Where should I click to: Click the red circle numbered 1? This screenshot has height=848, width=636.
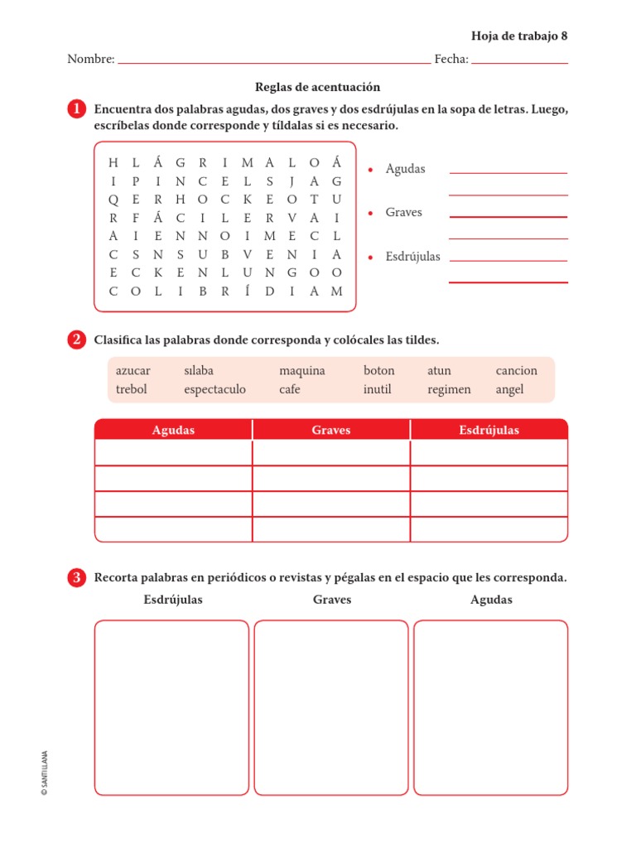(77, 110)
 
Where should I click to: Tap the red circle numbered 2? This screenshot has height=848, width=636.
(77, 340)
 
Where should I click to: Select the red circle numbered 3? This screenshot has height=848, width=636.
(77, 578)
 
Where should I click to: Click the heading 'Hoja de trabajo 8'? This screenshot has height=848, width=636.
(519, 36)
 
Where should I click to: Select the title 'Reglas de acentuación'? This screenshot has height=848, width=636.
(318, 87)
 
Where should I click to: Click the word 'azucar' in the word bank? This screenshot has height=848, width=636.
(133, 371)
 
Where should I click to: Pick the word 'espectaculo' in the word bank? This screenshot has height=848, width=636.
(214, 389)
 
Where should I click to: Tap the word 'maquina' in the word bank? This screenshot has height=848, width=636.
(301, 371)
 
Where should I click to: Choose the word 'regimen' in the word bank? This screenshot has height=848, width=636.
(449, 389)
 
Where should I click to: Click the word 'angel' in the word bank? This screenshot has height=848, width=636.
(509, 389)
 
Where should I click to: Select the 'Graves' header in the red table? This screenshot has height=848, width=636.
(331, 430)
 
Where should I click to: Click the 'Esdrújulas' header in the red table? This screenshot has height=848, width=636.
(489, 430)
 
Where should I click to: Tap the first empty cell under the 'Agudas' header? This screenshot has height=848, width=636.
(173, 453)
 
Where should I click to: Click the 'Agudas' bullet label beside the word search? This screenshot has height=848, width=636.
(405, 169)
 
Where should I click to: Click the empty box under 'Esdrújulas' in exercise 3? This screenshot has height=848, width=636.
(171, 707)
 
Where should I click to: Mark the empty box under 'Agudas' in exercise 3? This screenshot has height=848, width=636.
(490, 707)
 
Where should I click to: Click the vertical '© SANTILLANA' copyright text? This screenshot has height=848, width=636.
(44, 773)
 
